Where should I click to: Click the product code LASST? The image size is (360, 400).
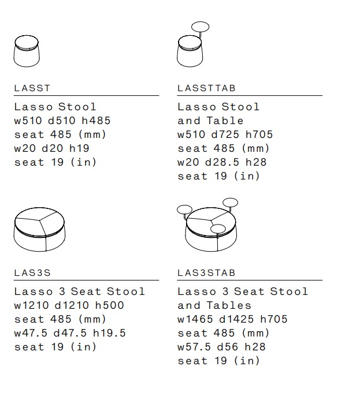click(x=32, y=88)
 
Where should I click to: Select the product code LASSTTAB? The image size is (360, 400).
click(x=206, y=88)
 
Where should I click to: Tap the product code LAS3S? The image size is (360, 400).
click(x=32, y=273)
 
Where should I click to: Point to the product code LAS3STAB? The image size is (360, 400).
click(x=206, y=273)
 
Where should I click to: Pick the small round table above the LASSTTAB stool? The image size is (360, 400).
click(x=200, y=27)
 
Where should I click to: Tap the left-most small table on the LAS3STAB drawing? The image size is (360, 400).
click(x=184, y=210)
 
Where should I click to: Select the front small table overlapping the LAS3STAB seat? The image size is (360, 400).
click(x=218, y=229)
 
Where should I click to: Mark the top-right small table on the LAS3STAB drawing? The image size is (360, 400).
click(x=231, y=203)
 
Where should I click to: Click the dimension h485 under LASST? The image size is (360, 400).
click(x=96, y=121)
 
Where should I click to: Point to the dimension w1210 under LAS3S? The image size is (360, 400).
click(x=31, y=305)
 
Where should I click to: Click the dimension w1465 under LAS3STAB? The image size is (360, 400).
click(x=195, y=319)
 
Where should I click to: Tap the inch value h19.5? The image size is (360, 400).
click(x=109, y=333)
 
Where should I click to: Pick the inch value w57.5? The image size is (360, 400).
click(x=194, y=347)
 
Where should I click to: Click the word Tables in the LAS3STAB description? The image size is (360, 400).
click(x=229, y=305)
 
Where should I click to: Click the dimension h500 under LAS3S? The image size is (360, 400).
click(x=110, y=305)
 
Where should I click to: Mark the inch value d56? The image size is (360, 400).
click(x=228, y=347)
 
